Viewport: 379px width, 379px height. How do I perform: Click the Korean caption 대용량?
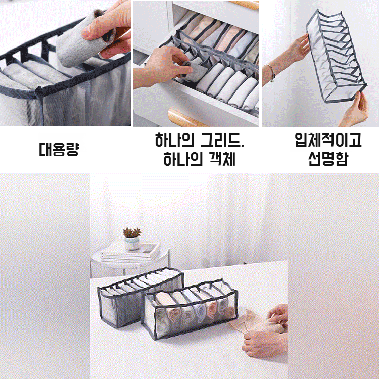[x=59, y=150]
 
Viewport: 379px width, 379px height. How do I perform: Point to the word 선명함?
[x=328, y=160]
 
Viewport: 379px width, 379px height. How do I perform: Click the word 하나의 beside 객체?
[x=182, y=160]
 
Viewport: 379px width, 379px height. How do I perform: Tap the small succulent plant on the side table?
[x=132, y=233]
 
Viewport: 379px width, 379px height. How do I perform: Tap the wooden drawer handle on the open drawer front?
[x=187, y=119]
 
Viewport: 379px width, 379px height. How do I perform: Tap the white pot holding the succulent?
[x=132, y=245]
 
